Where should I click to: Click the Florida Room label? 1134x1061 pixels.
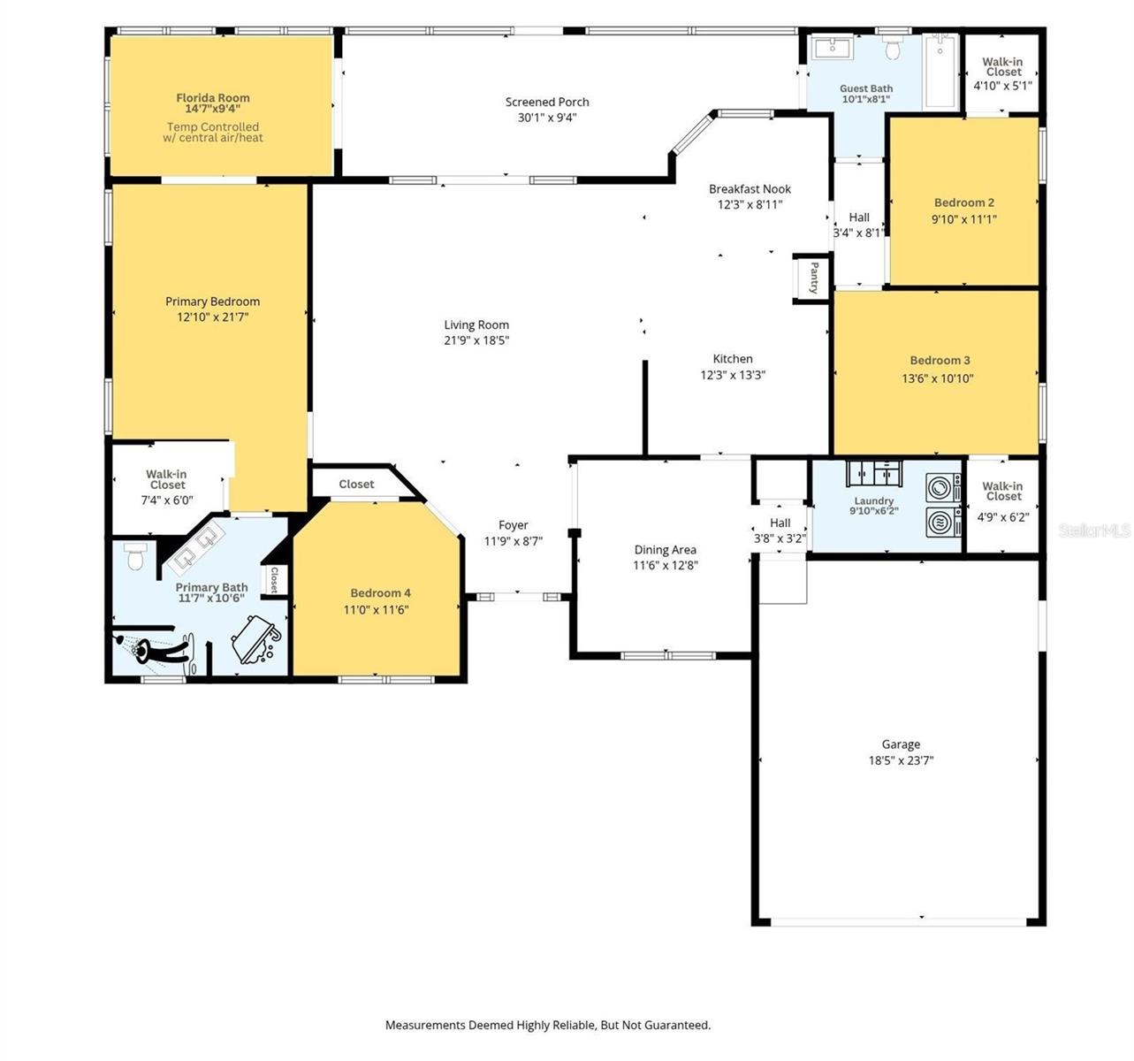point(213,98)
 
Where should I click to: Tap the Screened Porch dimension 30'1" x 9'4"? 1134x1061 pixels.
point(547,118)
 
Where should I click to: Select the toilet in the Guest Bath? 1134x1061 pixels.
point(893,49)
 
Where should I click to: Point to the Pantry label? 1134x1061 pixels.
point(813,278)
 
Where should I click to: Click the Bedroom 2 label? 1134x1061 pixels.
point(964,202)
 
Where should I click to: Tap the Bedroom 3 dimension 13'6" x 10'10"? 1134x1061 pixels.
point(937,378)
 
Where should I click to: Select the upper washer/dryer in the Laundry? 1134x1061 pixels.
point(943,488)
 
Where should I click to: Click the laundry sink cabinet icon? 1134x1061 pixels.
point(873,474)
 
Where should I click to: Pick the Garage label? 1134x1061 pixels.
point(901,744)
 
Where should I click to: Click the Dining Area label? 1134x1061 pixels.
point(665,549)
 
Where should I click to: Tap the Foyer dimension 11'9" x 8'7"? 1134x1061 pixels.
point(514,541)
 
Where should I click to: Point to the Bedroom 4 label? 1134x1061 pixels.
point(380,593)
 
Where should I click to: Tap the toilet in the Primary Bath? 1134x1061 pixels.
point(135,556)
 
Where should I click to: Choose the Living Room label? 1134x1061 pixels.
point(476,324)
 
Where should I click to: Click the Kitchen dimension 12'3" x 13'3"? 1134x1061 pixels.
point(733,375)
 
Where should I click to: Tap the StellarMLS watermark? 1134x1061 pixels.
point(1094,530)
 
